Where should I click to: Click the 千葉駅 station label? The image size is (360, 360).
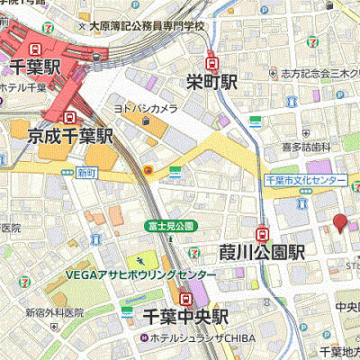click(35, 67)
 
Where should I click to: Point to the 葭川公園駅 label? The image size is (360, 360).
click(262, 249)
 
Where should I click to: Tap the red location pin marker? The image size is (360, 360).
click(339, 224)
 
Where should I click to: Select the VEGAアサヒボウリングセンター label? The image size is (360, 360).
click(139, 274)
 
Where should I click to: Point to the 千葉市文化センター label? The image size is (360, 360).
click(305, 181)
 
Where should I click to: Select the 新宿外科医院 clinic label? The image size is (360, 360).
click(54, 312)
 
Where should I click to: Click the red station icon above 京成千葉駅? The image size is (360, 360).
click(68, 117)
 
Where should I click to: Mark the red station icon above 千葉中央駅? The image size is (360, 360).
click(185, 298)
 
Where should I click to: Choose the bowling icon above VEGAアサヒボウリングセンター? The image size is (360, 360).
click(140, 260)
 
